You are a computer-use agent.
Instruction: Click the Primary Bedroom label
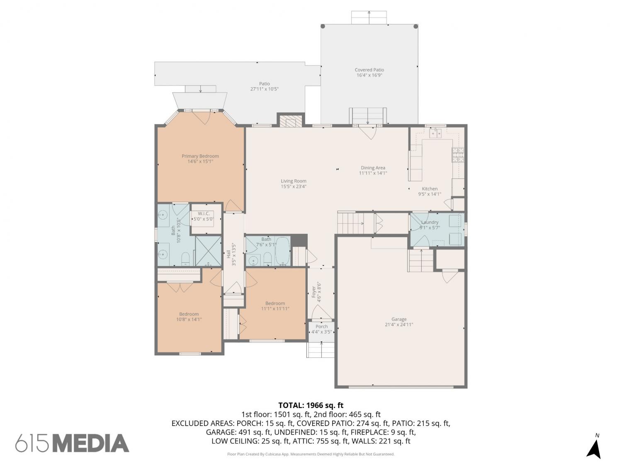pyautogui.click(x=200, y=156)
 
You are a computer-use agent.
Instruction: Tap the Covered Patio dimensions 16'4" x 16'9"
pyautogui.click(x=369, y=76)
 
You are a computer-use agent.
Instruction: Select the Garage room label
pyautogui.click(x=399, y=319)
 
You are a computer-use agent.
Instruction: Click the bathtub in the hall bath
pyautogui.click(x=282, y=251)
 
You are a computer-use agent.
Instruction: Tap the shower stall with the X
pyautogui.click(x=208, y=251)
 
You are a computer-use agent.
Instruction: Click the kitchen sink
pyautogui.click(x=435, y=133)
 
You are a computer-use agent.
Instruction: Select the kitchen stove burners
pyautogui.click(x=458, y=155)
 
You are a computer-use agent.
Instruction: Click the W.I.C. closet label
pyautogui.click(x=204, y=213)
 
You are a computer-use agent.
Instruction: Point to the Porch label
pyautogui.click(x=322, y=327)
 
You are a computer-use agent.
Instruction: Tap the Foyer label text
pyautogui.click(x=313, y=292)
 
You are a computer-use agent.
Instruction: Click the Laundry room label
pyautogui.click(x=430, y=222)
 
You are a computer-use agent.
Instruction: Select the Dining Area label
pyautogui.click(x=373, y=168)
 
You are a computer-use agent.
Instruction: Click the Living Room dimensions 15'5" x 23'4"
pyautogui.click(x=294, y=186)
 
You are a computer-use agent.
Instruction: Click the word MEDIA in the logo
pyautogui.click(x=91, y=443)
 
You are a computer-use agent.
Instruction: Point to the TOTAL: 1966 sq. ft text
pyautogui.click(x=311, y=405)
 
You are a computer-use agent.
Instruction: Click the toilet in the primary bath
pyautogui.click(x=185, y=259)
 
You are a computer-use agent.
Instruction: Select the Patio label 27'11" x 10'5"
pyautogui.click(x=265, y=86)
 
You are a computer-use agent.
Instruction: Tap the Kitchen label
pyautogui.click(x=430, y=189)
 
